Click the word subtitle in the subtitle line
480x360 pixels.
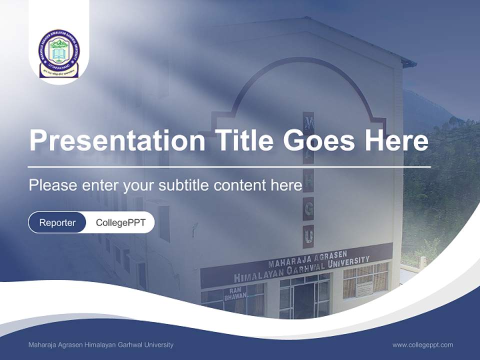click(184, 185)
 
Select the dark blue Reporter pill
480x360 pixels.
click(57, 222)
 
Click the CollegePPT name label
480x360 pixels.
click(120, 222)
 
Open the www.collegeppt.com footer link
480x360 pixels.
click(422, 344)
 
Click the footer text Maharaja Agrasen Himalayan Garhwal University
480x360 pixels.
click(101, 344)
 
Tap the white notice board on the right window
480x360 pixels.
click(364, 288)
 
